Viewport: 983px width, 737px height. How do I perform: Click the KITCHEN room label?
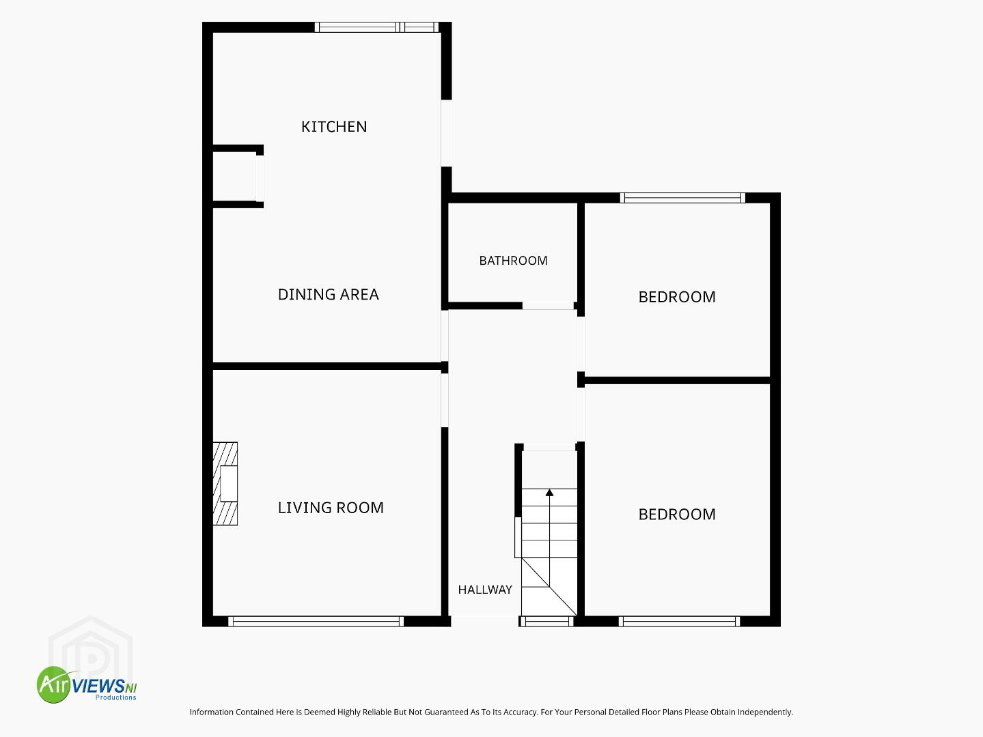click(x=334, y=126)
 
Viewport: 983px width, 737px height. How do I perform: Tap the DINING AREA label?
click(x=329, y=294)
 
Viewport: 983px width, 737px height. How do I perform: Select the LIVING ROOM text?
click(x=331, y=508)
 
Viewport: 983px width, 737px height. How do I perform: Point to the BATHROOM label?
click(x=513, y=260)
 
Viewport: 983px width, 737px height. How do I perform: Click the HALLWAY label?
click(x=485, y=590)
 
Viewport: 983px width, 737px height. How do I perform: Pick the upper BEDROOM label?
click(x=677, y=297)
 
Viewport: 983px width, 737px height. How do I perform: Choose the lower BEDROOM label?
click(x=677, y=515)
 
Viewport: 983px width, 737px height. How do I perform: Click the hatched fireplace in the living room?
click(x=225, y=483)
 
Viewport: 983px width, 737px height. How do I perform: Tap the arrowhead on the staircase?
click(x=549, y=493)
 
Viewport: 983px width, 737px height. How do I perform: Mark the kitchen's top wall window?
click(x=376, y=27)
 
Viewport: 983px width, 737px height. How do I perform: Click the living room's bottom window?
click(x=316, y=621)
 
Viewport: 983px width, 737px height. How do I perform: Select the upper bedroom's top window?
click(x=683, y=198)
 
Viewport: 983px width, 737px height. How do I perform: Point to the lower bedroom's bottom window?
click(x=680, y=621)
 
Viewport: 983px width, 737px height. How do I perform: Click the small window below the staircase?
click(x=546, y=621)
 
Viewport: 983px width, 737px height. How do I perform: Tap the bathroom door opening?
click(x=548, y=306)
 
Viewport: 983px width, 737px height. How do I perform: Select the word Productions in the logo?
click(x=115, y=697)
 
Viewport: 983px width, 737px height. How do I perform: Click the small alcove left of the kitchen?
click(x=234, y=177)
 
